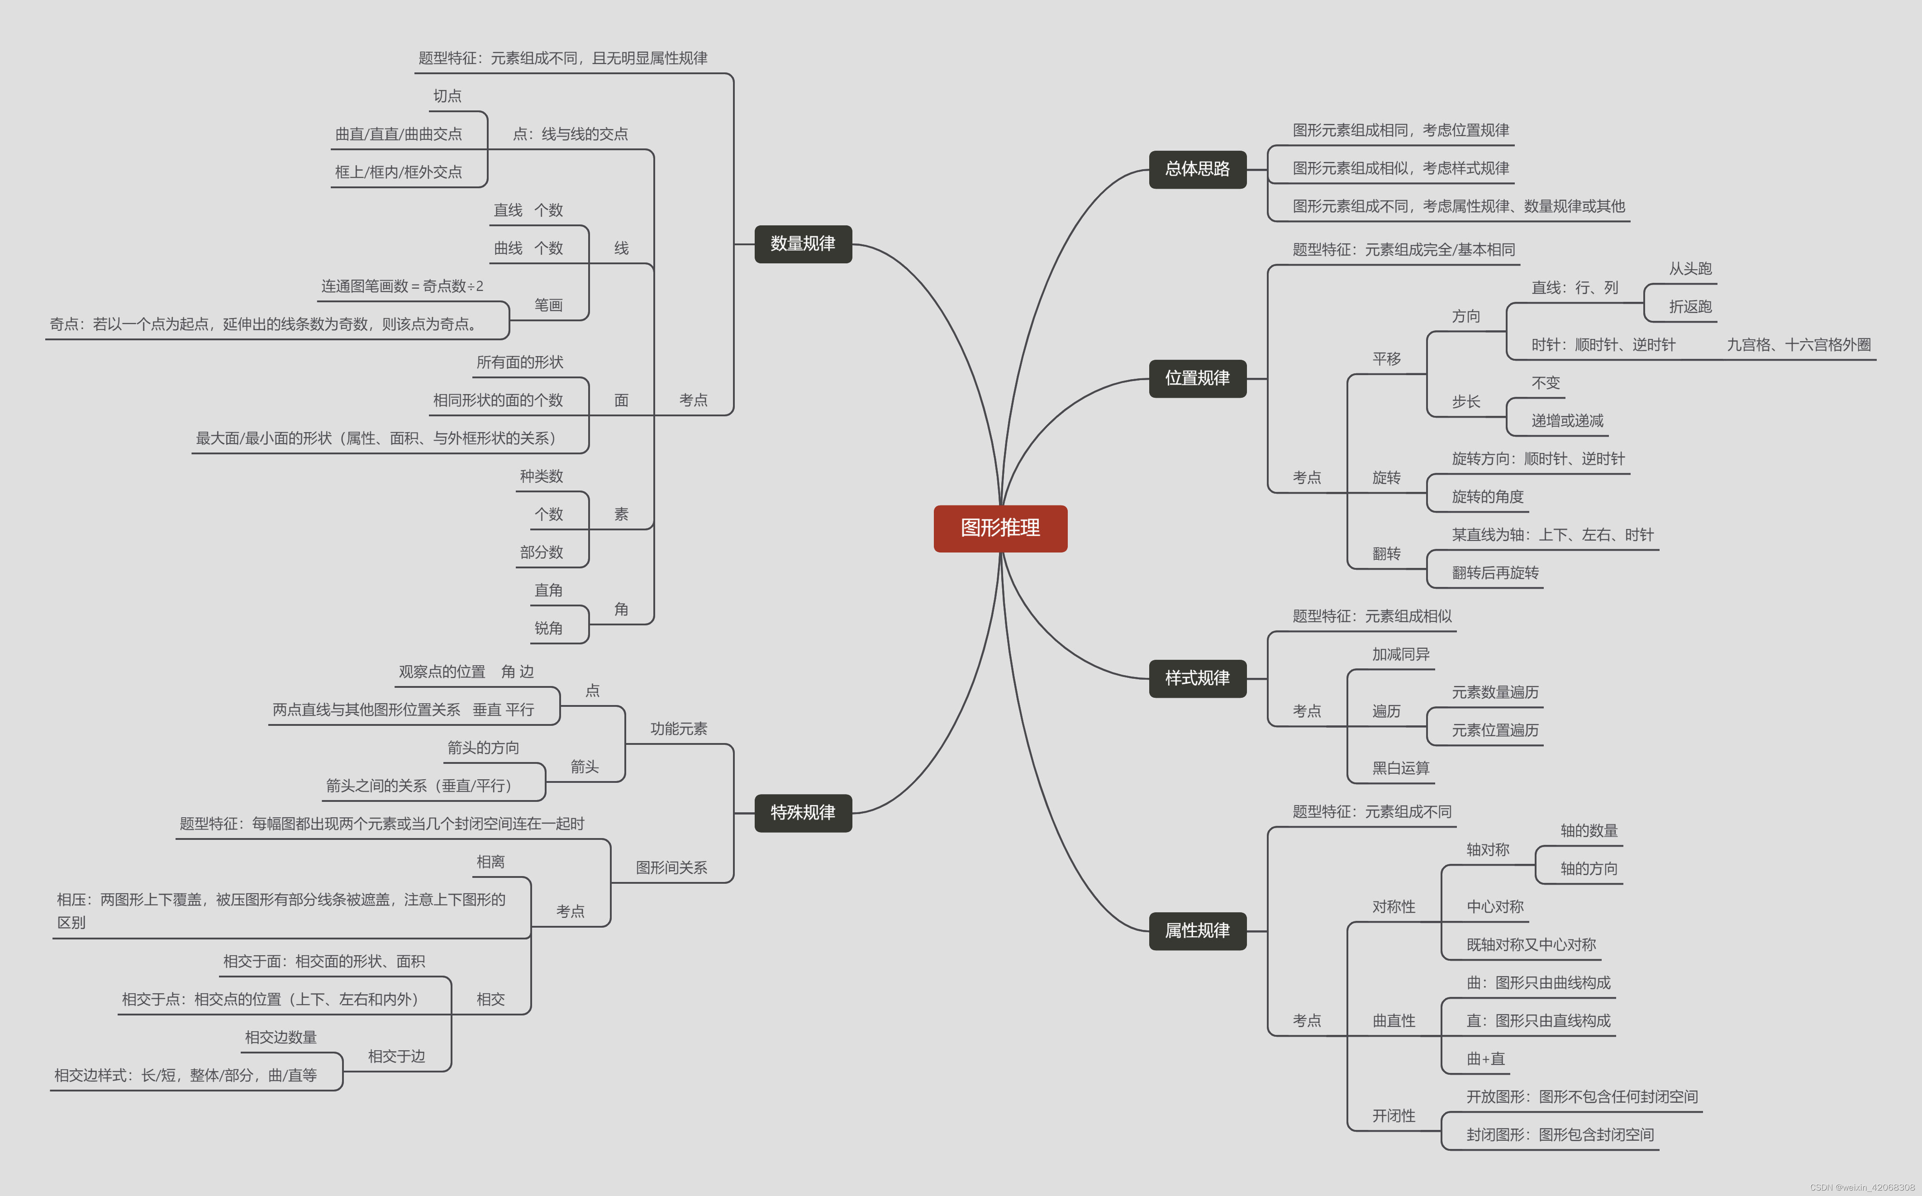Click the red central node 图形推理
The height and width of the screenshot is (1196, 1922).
pyautogui.click(x=1000, y=529)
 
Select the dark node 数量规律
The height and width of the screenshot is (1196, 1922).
pyautogui.click(x=803, y=243)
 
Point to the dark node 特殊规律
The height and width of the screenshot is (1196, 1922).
pyautogui.click(x=803, y=812)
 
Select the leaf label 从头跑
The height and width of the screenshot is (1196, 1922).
pyautogui.click(x=1690, y=269)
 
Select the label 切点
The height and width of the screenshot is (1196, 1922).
pyautogui.click(x=447, y=96)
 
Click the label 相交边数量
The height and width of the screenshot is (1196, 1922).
pyautogui.click(x=281, y=1037)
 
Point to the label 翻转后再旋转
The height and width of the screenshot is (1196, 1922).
pyautogui.click(x=1495, y=573)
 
